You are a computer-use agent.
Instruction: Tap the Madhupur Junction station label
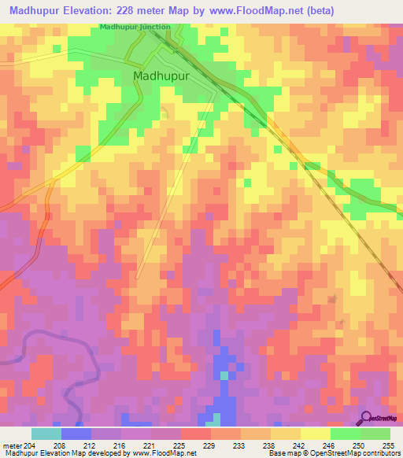(x=135, y=27)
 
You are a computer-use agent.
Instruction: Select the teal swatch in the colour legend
(x=46, y=434)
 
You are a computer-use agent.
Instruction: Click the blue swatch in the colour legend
(x=76, y=434)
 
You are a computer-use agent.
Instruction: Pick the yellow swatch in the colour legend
(x=316, y=434)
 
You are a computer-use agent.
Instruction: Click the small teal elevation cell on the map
(x=224, y=375)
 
